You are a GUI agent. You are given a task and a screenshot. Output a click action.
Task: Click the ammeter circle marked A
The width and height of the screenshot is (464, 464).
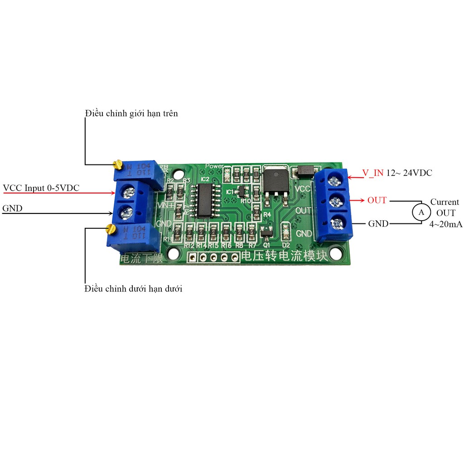point(420,212)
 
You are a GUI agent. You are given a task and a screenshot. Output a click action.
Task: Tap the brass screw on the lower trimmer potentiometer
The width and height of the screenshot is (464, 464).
point(109,228)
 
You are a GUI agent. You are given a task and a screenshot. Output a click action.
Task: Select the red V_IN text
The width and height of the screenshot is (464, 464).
point(373,173)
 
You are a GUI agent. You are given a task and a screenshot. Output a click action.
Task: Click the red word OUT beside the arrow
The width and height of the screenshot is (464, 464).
point(377,200)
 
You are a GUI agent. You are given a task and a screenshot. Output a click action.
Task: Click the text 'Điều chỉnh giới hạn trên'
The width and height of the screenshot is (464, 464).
point(131,113)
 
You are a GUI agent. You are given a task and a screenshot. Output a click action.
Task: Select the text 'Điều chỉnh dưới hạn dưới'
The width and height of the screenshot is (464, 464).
point(134,289)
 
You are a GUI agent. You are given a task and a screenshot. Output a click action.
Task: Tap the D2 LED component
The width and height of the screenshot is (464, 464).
point(286,232)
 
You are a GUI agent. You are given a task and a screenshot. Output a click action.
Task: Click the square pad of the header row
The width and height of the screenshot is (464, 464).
point(193,258)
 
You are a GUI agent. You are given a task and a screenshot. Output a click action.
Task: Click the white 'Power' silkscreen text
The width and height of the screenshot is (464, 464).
point(215,166)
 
